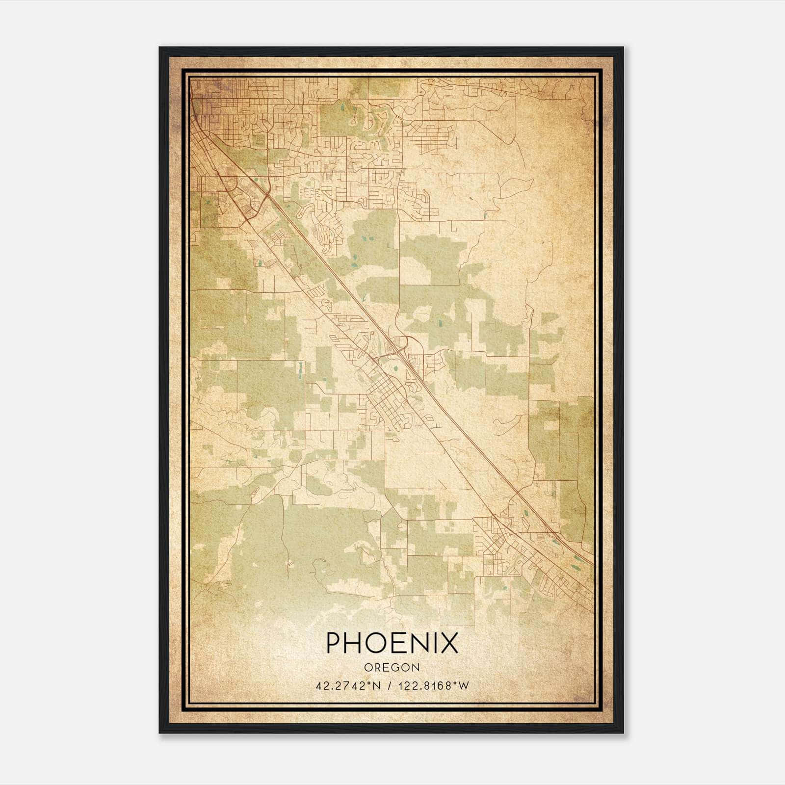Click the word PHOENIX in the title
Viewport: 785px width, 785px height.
392,642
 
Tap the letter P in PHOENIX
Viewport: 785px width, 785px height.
334,642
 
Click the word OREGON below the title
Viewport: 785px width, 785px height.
392,667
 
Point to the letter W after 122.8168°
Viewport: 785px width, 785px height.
464,686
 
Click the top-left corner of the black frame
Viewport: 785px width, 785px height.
160,48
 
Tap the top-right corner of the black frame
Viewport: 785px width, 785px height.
623,48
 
